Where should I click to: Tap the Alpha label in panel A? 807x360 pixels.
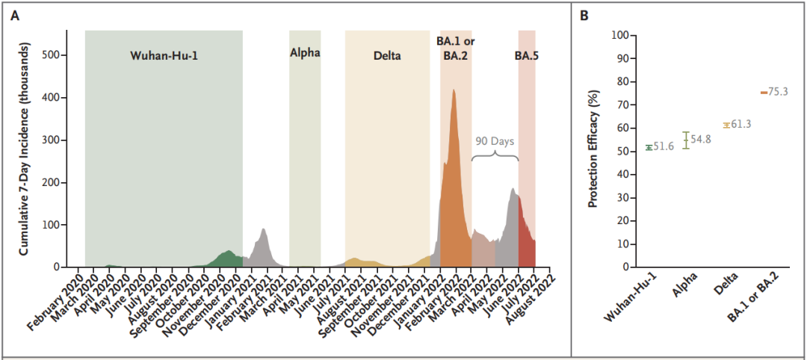pyautogui.click(x=305, y=54)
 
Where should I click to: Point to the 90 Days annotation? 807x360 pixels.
pyautogui.click(x=495, y=140)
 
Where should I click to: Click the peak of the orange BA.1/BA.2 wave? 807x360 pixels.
pyautogui.click(x=454, y=90)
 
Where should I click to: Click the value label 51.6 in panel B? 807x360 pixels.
pyautogui.click(x=664, y=147)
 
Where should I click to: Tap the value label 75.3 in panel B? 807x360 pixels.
pyautogui.click(x=778, y=93)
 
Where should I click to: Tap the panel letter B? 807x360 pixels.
pyautogui.click(x=584, y=16)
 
